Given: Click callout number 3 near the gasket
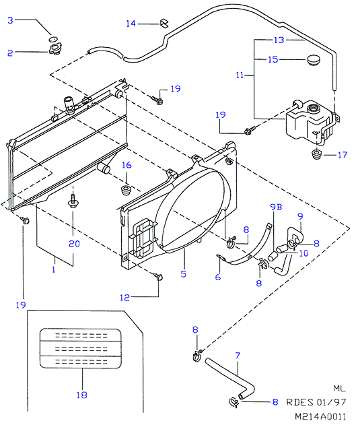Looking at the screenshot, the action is pos(10,20).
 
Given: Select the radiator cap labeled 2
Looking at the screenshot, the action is pos(55,48).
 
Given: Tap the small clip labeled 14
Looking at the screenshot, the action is pos(164,23).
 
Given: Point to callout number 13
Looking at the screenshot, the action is pos(279,40).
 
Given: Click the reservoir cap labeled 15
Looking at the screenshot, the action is pos(314,60).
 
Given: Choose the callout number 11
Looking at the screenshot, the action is pos(240,75).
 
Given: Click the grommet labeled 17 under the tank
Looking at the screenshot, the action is pos(316,154).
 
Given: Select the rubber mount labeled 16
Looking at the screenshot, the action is pos(126,190).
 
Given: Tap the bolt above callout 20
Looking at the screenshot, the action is pos(73,201).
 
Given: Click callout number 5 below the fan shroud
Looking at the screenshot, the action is pos(184,273).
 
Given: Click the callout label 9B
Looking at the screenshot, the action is pos(276,207).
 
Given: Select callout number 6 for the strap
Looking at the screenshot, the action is pos(218,277).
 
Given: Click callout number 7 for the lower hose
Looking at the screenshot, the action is pos(238,356).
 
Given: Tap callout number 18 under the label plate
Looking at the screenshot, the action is pos(81,395).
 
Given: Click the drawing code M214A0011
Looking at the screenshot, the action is pos(320,416).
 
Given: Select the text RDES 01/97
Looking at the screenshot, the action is pos(316,402).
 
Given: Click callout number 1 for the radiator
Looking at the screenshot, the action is pos(54,269).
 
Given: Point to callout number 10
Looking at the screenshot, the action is pos(303,253).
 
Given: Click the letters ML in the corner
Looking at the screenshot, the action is pos(340,389).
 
